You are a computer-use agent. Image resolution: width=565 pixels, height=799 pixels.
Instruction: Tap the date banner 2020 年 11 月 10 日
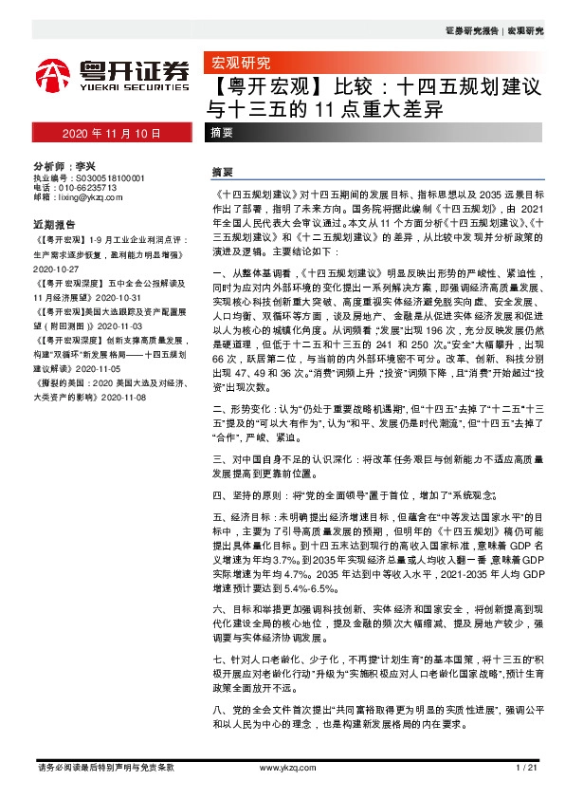pyautogui.click(x=112, y=134)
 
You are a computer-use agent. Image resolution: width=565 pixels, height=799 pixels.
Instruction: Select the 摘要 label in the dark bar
pyautogui.click(x=225, y=134)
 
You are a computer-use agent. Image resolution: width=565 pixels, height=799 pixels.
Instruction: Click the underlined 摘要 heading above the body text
pyautogui.click(x=223, y=173)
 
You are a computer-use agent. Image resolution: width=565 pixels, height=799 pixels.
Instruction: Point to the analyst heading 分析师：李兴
pyautogui.click(x=64, y=164)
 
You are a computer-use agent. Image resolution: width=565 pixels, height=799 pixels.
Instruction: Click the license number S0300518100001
pyautogui.click(x=109, y=177)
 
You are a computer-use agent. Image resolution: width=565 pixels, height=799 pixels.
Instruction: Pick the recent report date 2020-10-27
pyautogui.click(x=55, y=269)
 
